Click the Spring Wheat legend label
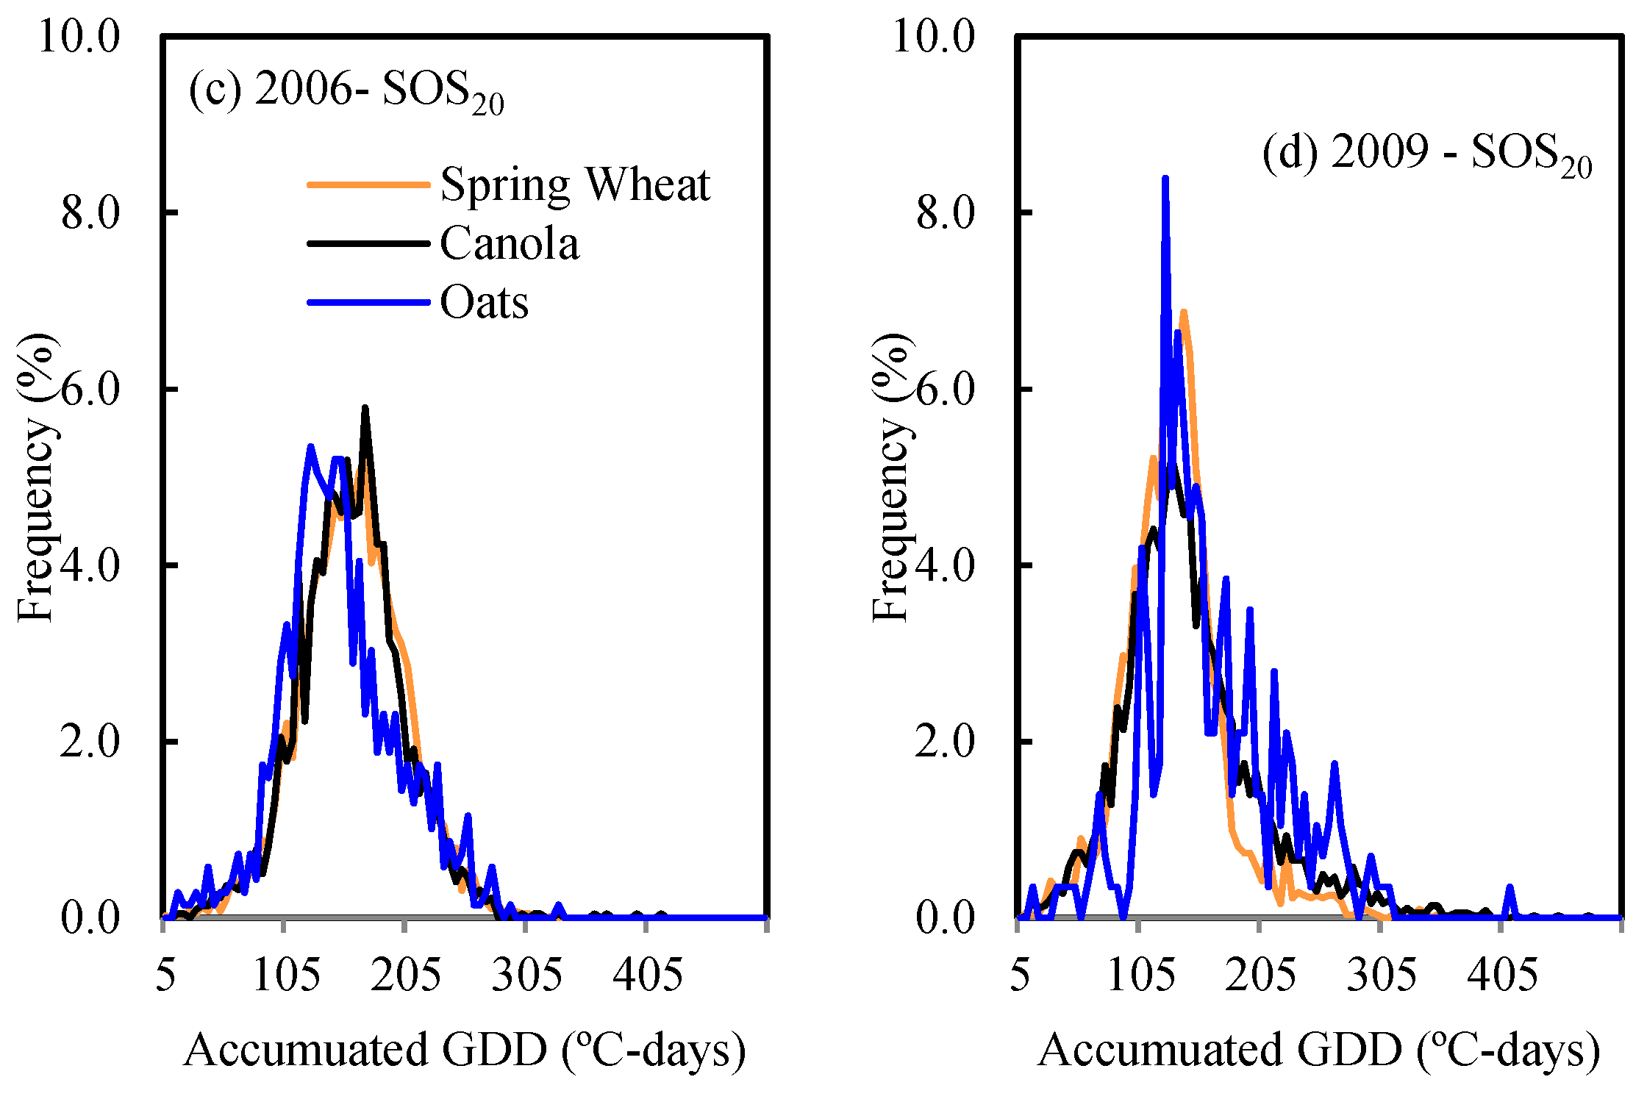(575, 185)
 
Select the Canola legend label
(509, 243)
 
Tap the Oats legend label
(484, 302)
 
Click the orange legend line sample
(368, 185)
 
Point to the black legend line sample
(368, 243)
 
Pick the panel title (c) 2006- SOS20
(346, 92)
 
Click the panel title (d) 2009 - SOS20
(1426, 154)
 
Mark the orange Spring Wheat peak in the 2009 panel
(1183, 312)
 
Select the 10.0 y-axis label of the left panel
(79, 35)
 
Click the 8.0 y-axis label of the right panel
(945, 212)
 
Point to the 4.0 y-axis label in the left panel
(90, 565)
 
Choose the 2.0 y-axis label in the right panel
(945, 741)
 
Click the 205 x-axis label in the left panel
(405, 976)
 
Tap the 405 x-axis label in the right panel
(1501, 976)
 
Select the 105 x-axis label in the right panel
(1140, 976)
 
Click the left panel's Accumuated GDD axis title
(464, 1050)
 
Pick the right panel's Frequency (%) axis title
(891, 478)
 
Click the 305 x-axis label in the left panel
(526, 976)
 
